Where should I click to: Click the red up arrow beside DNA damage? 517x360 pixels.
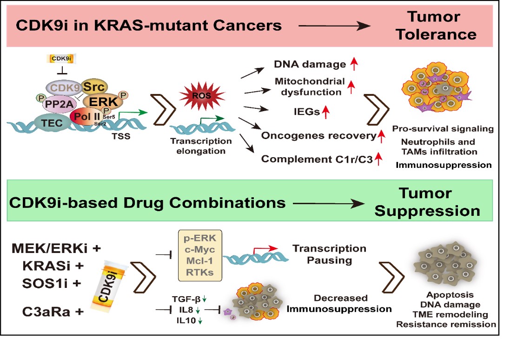click(x=354, y=64)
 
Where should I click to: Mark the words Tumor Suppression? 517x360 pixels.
click(x=427, y=202)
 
